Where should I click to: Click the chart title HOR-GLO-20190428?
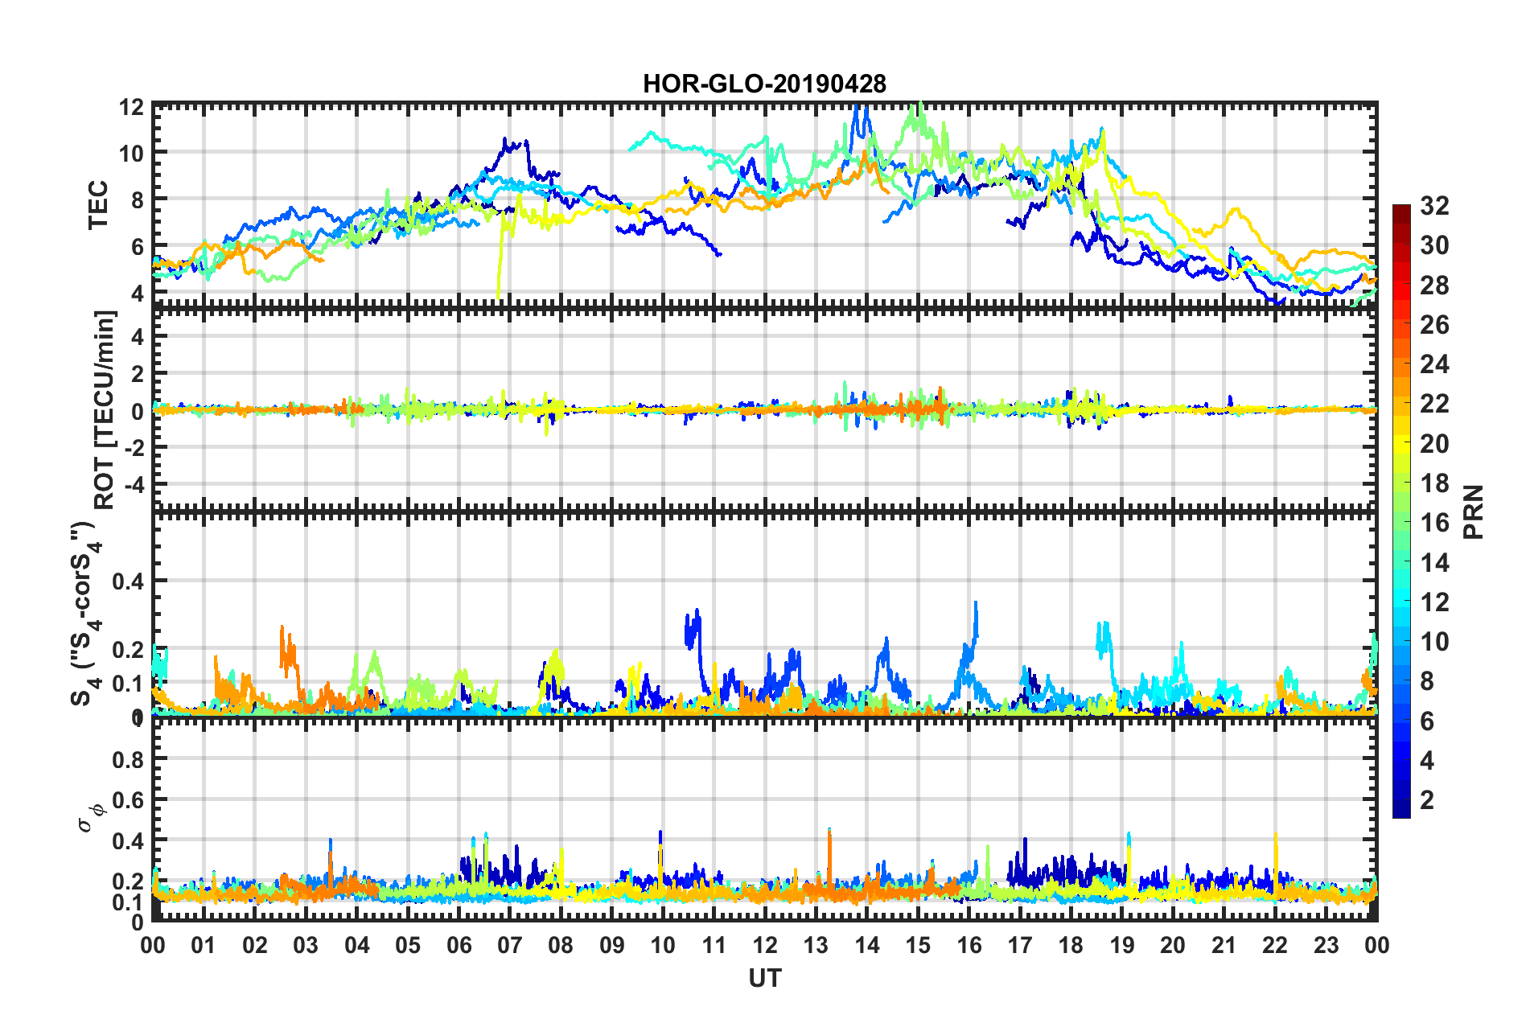(x=764, y=84)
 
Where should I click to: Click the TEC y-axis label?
(x=97, y=205)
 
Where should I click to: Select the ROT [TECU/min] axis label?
(x=105, y=410)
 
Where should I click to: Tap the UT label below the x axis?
(x=764, y=979)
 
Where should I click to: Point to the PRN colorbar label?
(x=1474, y=512)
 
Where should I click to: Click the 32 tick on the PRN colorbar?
(x=1434, y=206)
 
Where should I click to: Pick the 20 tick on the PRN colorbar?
(x=1434, y=444)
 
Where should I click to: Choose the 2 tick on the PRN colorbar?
(x=1428, y=800)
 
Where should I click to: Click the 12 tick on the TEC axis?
(x=132, y=108)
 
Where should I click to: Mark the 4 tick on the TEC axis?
(x=138, y=294)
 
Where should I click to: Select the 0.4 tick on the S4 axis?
(x=129, y=581)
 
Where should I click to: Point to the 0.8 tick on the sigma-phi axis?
(x=129, y=760)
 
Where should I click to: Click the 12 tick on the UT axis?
(x=764, y=945)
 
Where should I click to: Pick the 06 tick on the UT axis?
(x=459, y=945)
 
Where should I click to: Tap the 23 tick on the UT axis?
(x=1326, y=945)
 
